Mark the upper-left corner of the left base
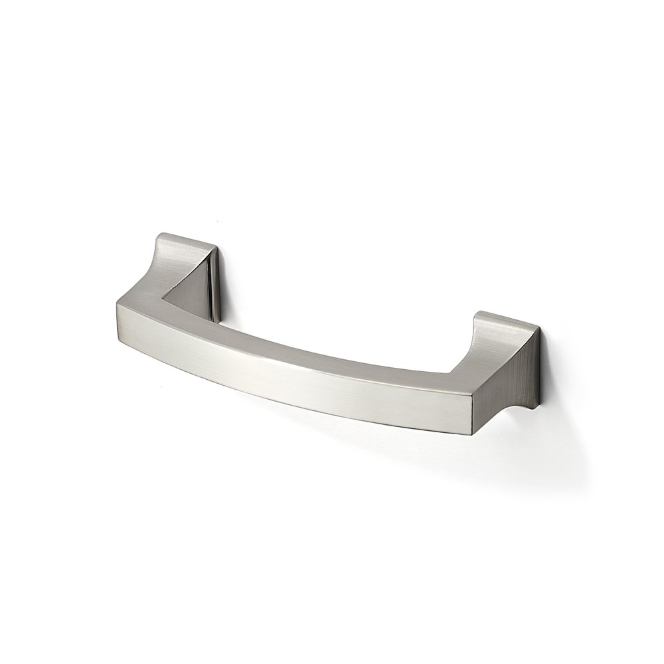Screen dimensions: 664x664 click(158, 234)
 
